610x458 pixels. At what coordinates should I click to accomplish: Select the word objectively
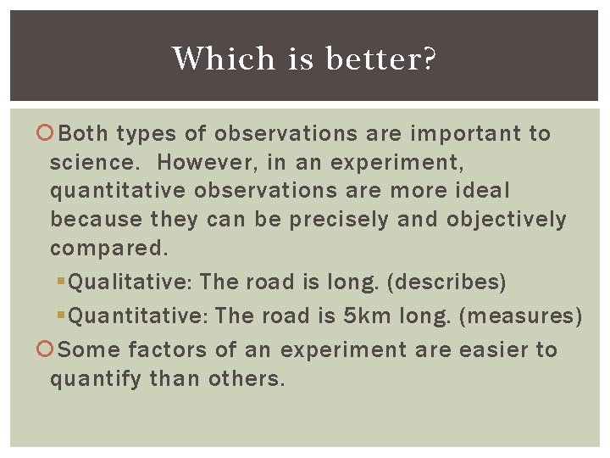click(506, 220)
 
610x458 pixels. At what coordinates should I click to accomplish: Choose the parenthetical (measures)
click(520, 316)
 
